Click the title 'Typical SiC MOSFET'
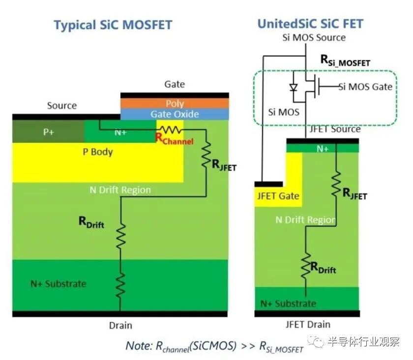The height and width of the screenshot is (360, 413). (x=113, y=25)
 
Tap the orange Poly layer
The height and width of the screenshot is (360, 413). (x=175, y=103)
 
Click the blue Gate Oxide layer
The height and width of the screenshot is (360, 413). (x=175, y=114)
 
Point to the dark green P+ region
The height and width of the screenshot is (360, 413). (x=48, y=132)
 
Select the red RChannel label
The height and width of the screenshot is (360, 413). (x=174, y=139)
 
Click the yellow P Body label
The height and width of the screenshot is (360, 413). (x=98, y=152)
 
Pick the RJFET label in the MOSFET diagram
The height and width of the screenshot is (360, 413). (x=224, y=166)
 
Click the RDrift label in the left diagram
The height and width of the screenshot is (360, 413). (x=91, y=222)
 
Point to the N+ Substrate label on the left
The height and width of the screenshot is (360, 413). (x=58, y=283)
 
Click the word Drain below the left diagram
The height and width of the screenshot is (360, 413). (x=120, y=325)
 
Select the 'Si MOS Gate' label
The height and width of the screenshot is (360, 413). (x=365, y=87)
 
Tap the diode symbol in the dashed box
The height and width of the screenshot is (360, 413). (x=294, y=87)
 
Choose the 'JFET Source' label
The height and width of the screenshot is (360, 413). (x=335, y=129)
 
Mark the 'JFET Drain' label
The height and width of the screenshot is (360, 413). (x=308, y=324)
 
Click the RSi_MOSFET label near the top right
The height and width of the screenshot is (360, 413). (x=345, y=60)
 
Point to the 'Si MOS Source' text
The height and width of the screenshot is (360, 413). (x=313, y=37)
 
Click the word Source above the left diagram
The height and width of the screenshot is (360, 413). (x=62, y=106)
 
